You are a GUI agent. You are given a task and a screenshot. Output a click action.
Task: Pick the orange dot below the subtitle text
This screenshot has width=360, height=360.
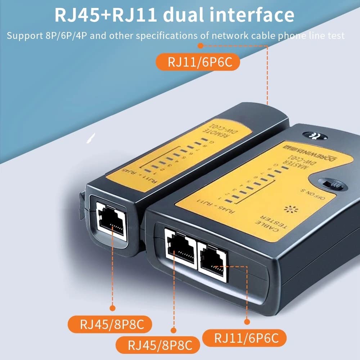click(201, 46)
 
